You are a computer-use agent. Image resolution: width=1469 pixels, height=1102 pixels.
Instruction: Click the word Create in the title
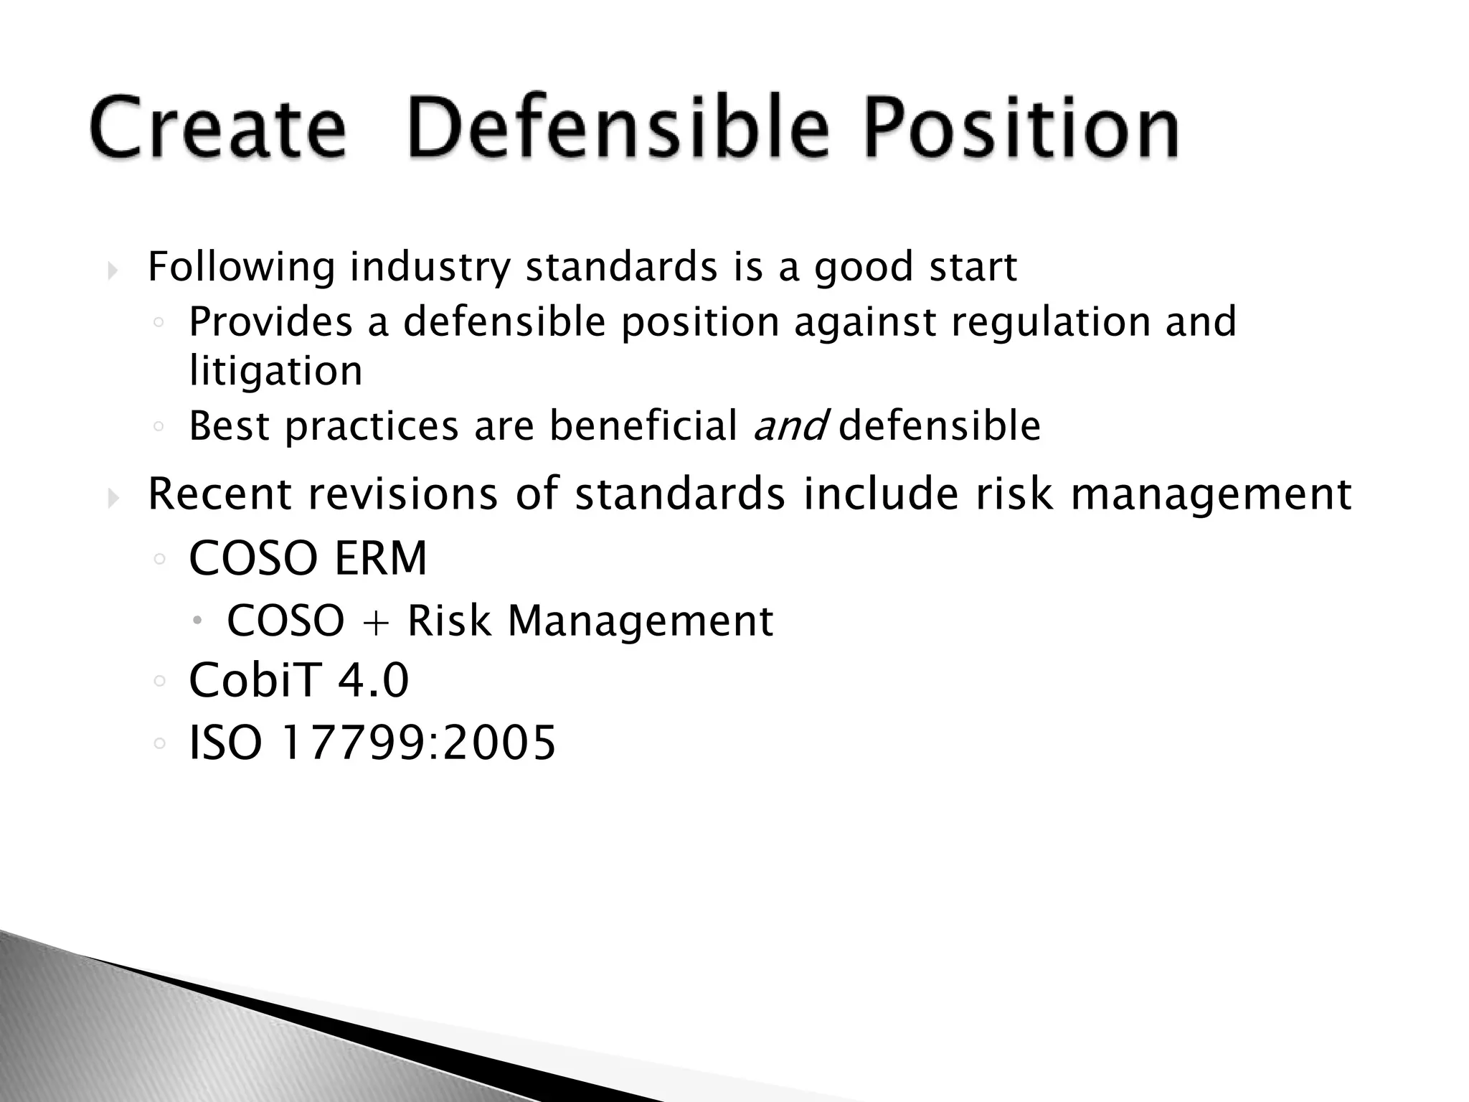pyautogui.click(x=218, y=129)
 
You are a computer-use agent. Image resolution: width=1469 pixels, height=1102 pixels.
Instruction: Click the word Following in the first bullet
pyautogui.click(x=241, y=268)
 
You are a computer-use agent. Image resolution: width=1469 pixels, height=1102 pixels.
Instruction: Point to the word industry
pyautogui.click(x=430, y=268)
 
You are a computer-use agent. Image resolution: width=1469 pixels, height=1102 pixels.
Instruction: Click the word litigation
pyautogui.click(x=275, y=372)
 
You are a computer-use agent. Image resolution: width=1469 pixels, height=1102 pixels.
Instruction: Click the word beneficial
pyautogui.click(x=643, y=426)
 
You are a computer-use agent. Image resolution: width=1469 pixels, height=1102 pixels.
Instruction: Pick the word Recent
pyautogui.click(x=219, y=495)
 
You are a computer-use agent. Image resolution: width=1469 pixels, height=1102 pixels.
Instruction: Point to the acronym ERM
pyautogui.click(x=380, y=559)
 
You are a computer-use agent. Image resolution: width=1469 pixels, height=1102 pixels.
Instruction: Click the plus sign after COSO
pyautogui.click(x=375, y=622)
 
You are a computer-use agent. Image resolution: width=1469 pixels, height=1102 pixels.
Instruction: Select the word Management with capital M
pyautogui.click(x=641, y=622)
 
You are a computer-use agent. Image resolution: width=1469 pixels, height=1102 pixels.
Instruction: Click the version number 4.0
pyautogui.click(x=373, y=680)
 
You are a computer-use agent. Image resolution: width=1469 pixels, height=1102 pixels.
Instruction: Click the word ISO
pyautogui.click(x=225, y=743)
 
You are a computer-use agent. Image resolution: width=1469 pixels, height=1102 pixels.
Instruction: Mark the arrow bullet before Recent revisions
pyautogui.click(x=113, y=497)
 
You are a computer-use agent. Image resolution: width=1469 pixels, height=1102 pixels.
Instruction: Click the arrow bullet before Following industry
pyautogui.click(x=113, y=271)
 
